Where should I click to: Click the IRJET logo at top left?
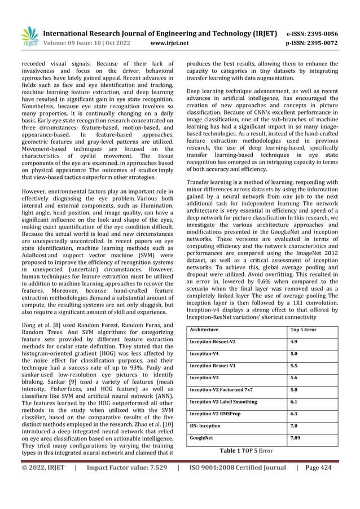pyautogui.click(x=29, y=36)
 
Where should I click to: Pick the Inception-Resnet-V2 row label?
pyautogui.click(x=213, y=341)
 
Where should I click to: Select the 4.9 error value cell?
pyautogui.click(x=293, y=341)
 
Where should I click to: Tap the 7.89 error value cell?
pyautogui.click(x=295, y=437)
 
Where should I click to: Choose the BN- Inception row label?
pyautogui.click(x=205, y=425)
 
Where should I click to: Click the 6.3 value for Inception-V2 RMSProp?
pyautogui.click(x=293, y=414)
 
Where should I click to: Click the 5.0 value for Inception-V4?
pyautogui.click(x=293, y=353)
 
